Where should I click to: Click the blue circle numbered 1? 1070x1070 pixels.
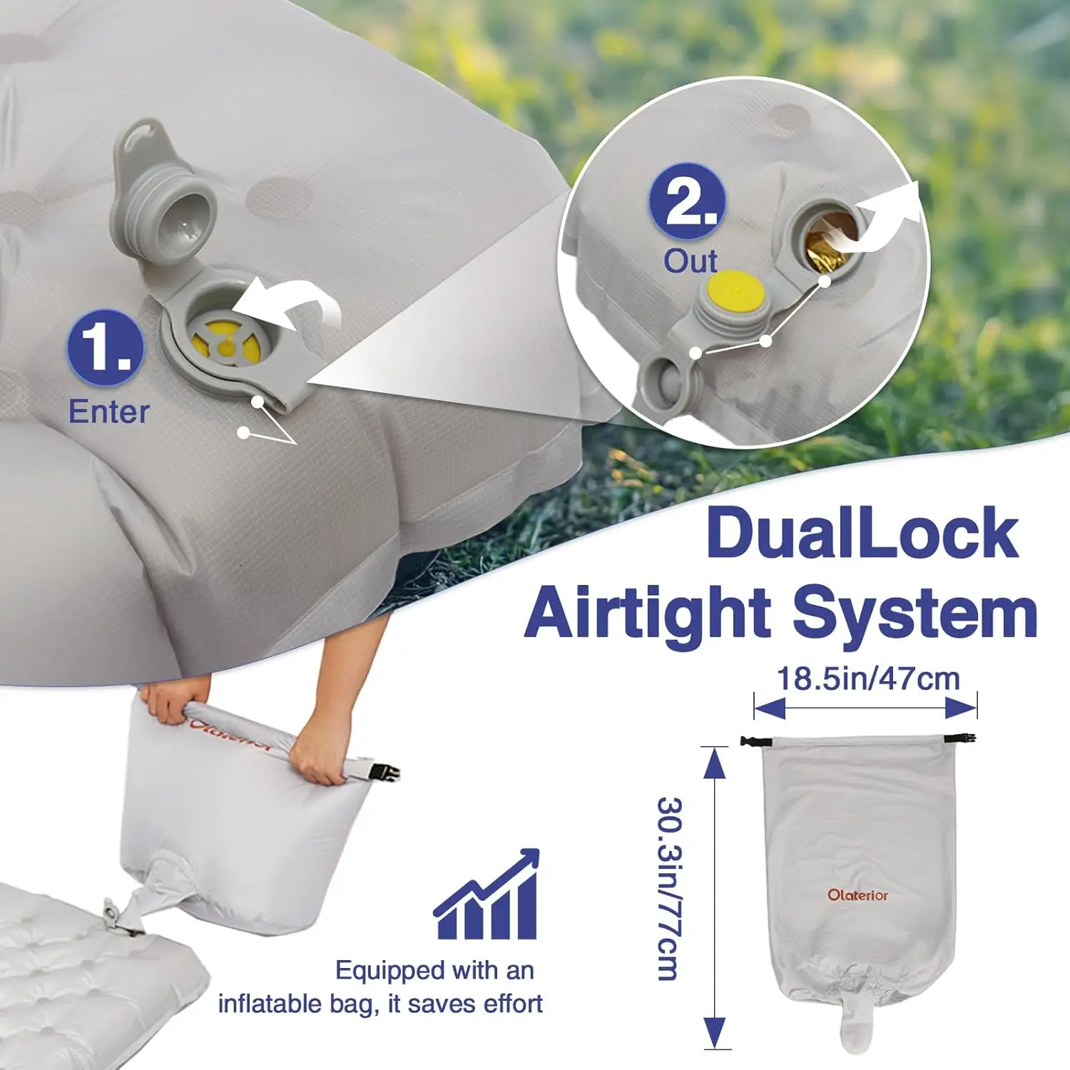106,347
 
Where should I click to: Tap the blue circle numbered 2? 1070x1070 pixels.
687,202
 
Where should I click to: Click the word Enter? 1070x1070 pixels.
108,412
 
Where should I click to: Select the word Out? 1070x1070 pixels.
691,261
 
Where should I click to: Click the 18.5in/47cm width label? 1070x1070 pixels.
867,678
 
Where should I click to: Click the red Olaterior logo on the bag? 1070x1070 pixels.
857,895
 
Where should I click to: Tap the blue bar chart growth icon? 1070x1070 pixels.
486,894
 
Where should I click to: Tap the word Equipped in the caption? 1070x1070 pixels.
389,972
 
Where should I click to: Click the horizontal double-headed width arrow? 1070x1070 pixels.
865,708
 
